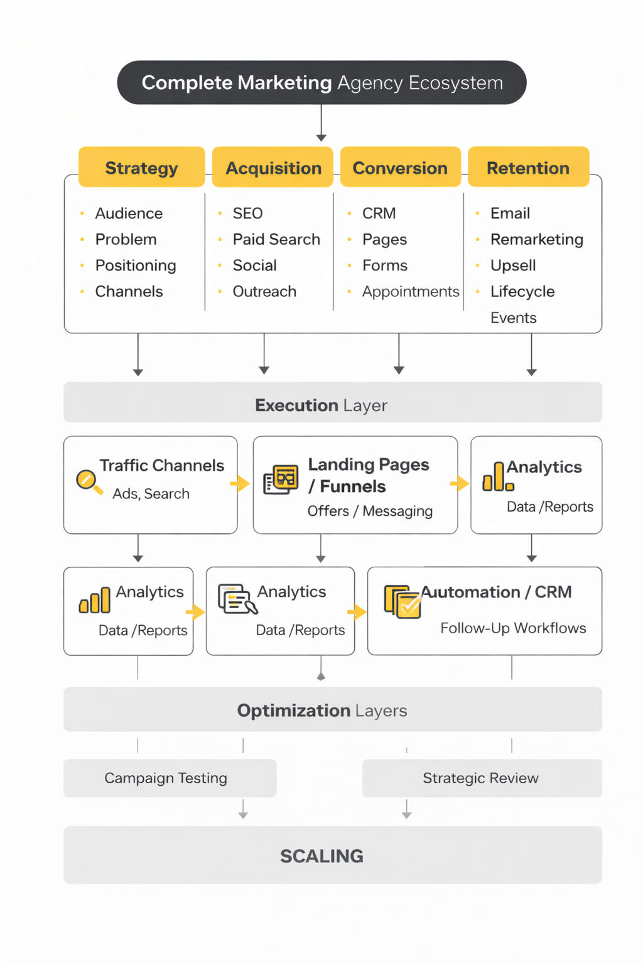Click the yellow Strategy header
tap(142, 168)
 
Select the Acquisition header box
tap(273, 168)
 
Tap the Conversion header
tap(400, 168)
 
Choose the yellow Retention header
tap(528, 168)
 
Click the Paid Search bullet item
tap(276, 239)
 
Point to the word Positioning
tap(136, 265)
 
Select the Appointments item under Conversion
tap(411, 292)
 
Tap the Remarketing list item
tap(537, 239)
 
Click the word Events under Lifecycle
tap(513, 318)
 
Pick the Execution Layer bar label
tap(321, 405)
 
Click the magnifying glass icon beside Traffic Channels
tap(88, 481)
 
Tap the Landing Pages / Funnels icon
tap(281, 480)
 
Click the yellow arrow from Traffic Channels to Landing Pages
tap(240, 483)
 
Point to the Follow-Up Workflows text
tap(513, 628)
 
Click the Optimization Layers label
tap(322, 710)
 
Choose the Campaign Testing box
tap(166, 778)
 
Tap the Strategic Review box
tap(481, 778)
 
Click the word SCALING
tap(321, 856)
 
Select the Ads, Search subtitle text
tap(151, 494)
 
